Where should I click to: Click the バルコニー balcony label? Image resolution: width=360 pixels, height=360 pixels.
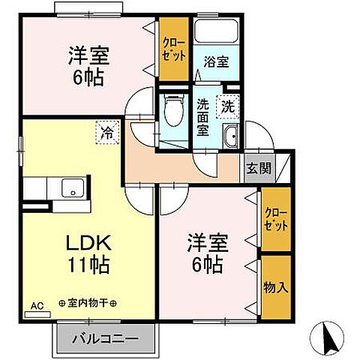coord(105,339)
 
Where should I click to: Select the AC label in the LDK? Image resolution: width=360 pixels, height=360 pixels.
coord(37,306)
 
